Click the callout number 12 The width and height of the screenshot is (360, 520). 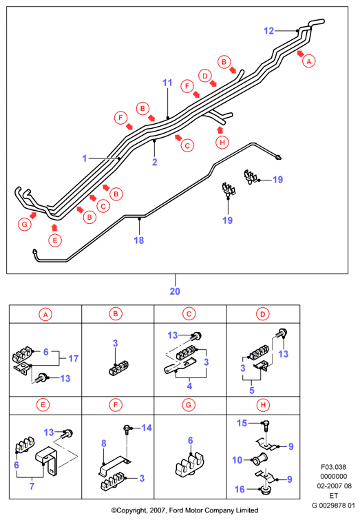click(268, 31)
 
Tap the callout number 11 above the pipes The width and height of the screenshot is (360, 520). click(167, 83)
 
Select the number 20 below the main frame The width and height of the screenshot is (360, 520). click(175, 291)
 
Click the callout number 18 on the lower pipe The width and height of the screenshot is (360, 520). click(138, 240)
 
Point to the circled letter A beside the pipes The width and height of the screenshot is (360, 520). click(309, 61)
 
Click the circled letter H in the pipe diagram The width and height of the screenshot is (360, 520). click(222, 143)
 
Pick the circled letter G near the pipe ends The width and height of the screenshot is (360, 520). click(25, 225)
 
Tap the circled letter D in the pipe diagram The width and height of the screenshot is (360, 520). click(205, 76)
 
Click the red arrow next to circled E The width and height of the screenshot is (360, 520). click(54, 227)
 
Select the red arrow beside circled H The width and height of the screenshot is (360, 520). click(220, 129)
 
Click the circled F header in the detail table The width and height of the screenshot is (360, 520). click(116, 405)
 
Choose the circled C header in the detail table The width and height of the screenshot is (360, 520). click(189, 314)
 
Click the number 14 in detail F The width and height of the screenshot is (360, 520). click(146, 428)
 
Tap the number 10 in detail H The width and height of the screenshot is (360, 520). click(237, 460)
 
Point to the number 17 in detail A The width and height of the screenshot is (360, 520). click(73, 359)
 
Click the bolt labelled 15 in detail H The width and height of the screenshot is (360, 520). click(266, 426)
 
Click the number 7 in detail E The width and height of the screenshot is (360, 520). click(32, 486)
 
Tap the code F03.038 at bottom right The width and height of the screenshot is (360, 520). click(333, 467)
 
